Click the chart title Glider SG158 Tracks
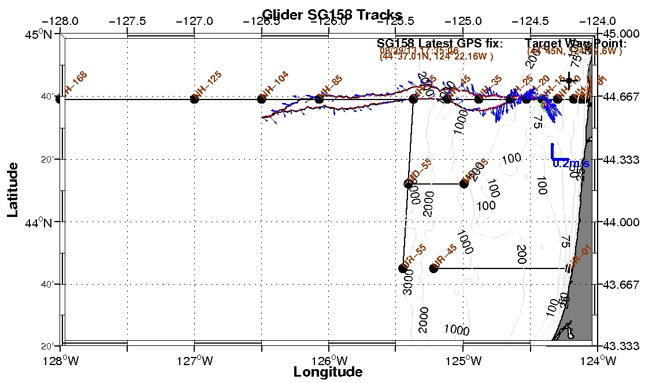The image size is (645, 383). pos(332,14)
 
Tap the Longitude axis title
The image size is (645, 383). pos(328,371)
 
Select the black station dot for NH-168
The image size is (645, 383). pos(59,99)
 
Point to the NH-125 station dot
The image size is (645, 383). pos(194,99)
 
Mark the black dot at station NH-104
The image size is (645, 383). pos(261,99)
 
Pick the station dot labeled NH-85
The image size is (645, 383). pos(319,99)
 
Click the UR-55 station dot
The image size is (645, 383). pos(403,268)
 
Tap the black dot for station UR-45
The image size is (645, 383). pos(433,268)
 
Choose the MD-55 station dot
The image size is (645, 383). pos(408,184)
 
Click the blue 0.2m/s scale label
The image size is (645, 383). pos(571,164)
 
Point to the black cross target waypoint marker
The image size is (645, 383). pos(569,81)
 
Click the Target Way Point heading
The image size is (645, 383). pos(576,43)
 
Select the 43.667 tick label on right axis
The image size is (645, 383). pos(624,284)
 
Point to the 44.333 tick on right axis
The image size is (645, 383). pos(624,159)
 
